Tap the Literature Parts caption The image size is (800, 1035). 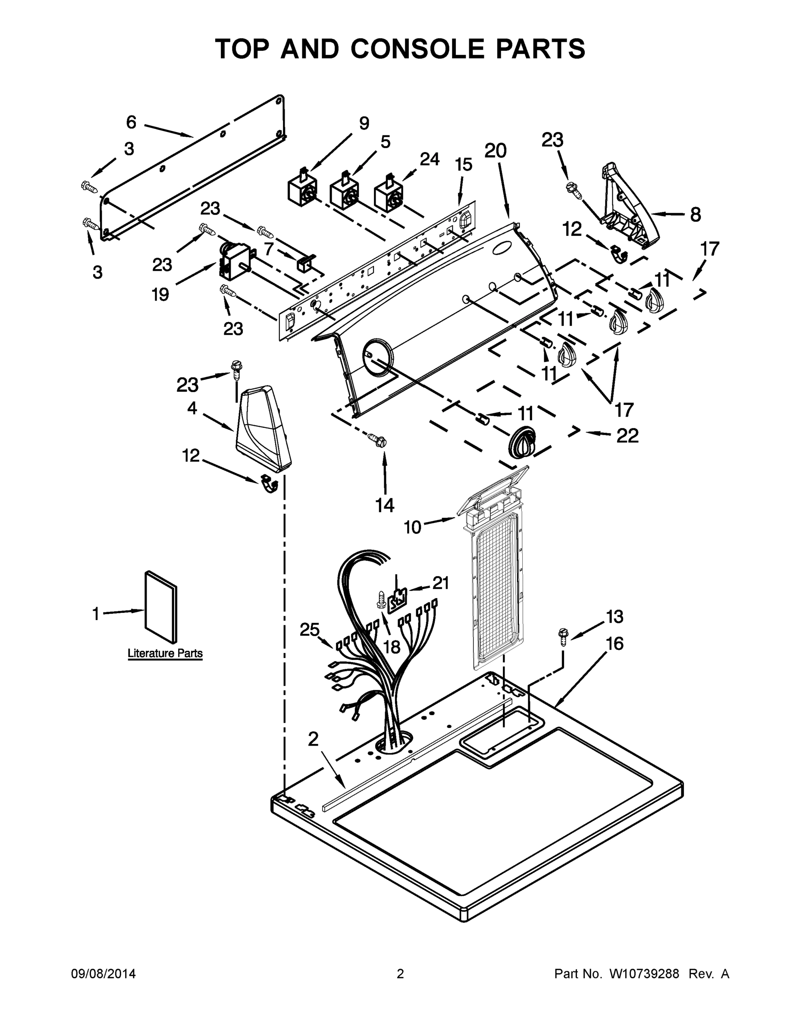165,653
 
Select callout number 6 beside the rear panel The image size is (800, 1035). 131,122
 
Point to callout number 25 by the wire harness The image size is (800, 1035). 310,629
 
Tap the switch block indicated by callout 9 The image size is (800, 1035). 300,188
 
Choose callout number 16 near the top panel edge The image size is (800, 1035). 614,643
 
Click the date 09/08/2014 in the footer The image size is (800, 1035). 104,974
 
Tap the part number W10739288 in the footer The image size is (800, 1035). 643,974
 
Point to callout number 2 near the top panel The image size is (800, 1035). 313,739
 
